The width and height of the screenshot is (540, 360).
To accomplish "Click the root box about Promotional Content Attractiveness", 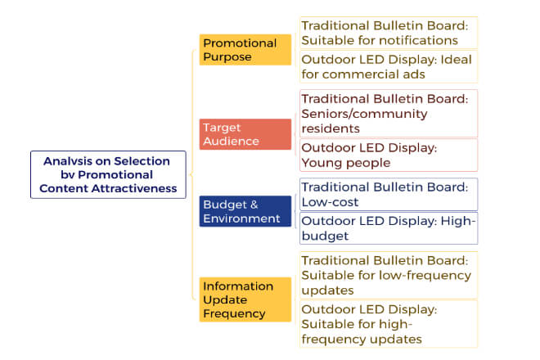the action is [108, 174].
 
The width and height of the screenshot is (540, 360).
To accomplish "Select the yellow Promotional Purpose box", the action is [245, 50].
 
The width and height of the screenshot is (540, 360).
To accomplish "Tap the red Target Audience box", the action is [245, 134].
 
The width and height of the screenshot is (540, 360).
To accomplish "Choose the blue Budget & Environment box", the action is [245, 211].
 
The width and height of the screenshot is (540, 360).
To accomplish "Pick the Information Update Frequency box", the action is [245, 299].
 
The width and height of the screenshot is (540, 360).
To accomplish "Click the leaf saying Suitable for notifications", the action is [389, 33].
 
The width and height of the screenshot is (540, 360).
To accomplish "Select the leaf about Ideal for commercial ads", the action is [389, 67].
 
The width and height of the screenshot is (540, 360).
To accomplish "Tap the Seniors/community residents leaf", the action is [389, 114].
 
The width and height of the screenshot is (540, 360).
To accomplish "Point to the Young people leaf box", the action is [389, 155].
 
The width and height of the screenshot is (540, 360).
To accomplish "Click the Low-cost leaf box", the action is [389, 194].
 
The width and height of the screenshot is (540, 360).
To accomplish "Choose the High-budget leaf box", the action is [389, 228].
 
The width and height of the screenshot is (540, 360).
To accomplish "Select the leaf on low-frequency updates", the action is [389, 275].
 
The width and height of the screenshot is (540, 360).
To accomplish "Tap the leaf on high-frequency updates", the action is [389, 324].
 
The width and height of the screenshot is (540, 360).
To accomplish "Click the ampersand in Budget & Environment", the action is [254, 205].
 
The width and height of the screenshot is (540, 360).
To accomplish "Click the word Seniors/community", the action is [364, 114].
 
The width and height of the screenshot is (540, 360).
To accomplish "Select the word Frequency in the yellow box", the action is [234, 314].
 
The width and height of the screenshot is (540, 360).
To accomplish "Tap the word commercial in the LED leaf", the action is [362, 74].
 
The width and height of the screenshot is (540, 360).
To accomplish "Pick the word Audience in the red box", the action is [231, 142].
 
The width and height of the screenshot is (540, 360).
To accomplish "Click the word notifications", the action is [416, 41].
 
